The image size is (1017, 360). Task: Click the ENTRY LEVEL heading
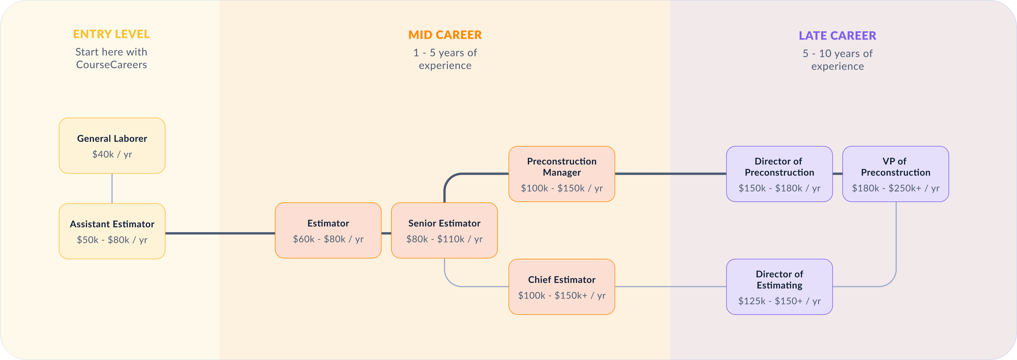[x=111, y=34]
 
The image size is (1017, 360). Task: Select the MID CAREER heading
[x=445, y=35]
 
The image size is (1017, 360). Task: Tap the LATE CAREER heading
[x=837, y=36]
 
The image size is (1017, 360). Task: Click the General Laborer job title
[x=112, y=139]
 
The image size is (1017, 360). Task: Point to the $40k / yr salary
[x=112, y=154]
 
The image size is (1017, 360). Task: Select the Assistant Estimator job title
[x=112, y=224]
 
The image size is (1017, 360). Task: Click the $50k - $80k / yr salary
[x=112, y=240]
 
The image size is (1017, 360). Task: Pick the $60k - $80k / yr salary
[x=328, y=239]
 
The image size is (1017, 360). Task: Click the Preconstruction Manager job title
[x=562, y=167]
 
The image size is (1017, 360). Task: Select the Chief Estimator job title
[x=562, y=280]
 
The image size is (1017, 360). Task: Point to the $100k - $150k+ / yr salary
[x=562, y=296]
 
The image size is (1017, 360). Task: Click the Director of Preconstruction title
[x=779, y=167]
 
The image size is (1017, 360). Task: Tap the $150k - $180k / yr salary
[x=779, y=188]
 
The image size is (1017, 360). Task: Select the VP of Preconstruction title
[x=895, y=167]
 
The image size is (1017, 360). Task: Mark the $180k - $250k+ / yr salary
[x=895, y=188]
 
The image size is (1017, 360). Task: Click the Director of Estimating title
[x=779, y=280]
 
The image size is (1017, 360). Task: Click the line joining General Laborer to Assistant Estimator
[x=112, y=188]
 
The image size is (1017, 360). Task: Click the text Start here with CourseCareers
[x=111, y=59]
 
